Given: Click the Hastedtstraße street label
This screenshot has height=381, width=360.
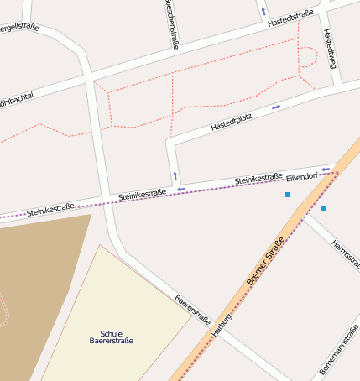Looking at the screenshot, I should click(x=290, y=18).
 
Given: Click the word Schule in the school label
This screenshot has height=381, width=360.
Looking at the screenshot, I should click(x=112, y=333).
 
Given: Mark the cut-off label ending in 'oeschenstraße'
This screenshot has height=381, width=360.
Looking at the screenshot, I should click(x=171, y=23).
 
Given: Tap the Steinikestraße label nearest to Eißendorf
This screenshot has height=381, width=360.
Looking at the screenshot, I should click(x=258, y=179).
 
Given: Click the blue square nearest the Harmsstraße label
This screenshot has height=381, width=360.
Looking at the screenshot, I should click(x=323, y=208).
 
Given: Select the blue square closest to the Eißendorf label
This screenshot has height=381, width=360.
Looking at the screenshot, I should click(x=288, y=195).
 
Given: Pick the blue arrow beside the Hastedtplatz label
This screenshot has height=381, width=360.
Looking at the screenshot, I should click(x=276, y=107).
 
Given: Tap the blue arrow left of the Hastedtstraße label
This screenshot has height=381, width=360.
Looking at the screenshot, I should click(x=263, y=12).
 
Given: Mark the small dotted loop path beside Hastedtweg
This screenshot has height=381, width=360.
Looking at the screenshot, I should click(x=308, y=55).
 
